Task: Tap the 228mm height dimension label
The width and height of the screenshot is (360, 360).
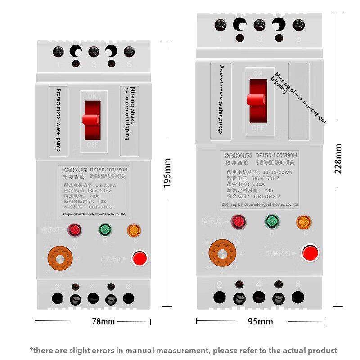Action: (x=338, y=158)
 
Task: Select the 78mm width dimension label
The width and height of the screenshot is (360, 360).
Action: (x=103, y=321)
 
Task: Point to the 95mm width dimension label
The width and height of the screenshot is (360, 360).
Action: (x=260, y=321)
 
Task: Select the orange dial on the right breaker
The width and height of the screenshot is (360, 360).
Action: (x=223, y=253)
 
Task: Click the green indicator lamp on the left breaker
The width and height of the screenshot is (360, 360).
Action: (x=105, y=230)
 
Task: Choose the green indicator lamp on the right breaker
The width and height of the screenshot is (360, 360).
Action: (x=271, y=221)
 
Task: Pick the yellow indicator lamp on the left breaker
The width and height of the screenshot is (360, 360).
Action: (x=133, y=230)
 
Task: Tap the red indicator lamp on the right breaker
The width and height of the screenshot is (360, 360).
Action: (x=238, y=221)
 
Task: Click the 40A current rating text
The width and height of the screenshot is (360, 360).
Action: (x=94, y=196)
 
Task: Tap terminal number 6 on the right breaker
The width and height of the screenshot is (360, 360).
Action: (x=297, y=284)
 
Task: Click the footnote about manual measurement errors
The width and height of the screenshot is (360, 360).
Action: (x=183, y=350)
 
